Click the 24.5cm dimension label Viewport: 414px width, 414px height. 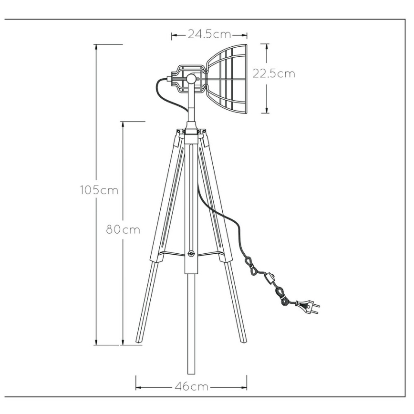pyautogui.click(x=209, y=34)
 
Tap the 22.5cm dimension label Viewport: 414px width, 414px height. pyautogui.click(x=274, y=73)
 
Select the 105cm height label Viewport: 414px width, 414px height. pyautogui.click(x=99, y=190)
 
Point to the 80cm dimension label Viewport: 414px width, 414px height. pyautogui.click(x=123, y=229)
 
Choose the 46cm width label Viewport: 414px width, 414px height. pyautogui.click(x=192, y=387)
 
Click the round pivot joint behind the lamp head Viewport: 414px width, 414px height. pyautogui.click(x=191, y=78)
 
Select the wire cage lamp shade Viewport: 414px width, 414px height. pyautogui.click(x=227, y=79)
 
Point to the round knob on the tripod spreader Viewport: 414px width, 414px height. pyautogui.click(x=191, y=254)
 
